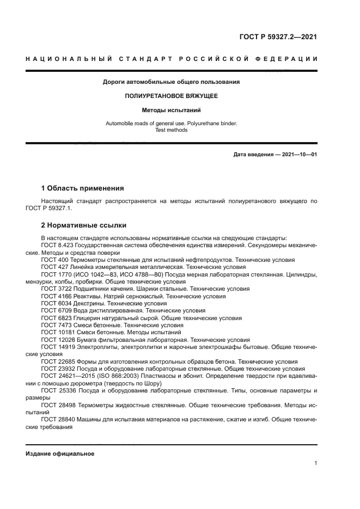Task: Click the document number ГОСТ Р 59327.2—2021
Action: [x=278, y=38]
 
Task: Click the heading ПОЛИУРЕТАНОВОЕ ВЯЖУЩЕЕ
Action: [x=172, y=96]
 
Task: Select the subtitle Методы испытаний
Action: [x=172, y=109]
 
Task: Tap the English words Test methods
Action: [x=172, y=131]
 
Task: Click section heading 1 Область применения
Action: [x=82, y=188]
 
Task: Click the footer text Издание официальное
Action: [x=60, y=453]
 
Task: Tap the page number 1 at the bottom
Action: [x=316, y=463]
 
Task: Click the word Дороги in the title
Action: [x=114, y=82]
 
